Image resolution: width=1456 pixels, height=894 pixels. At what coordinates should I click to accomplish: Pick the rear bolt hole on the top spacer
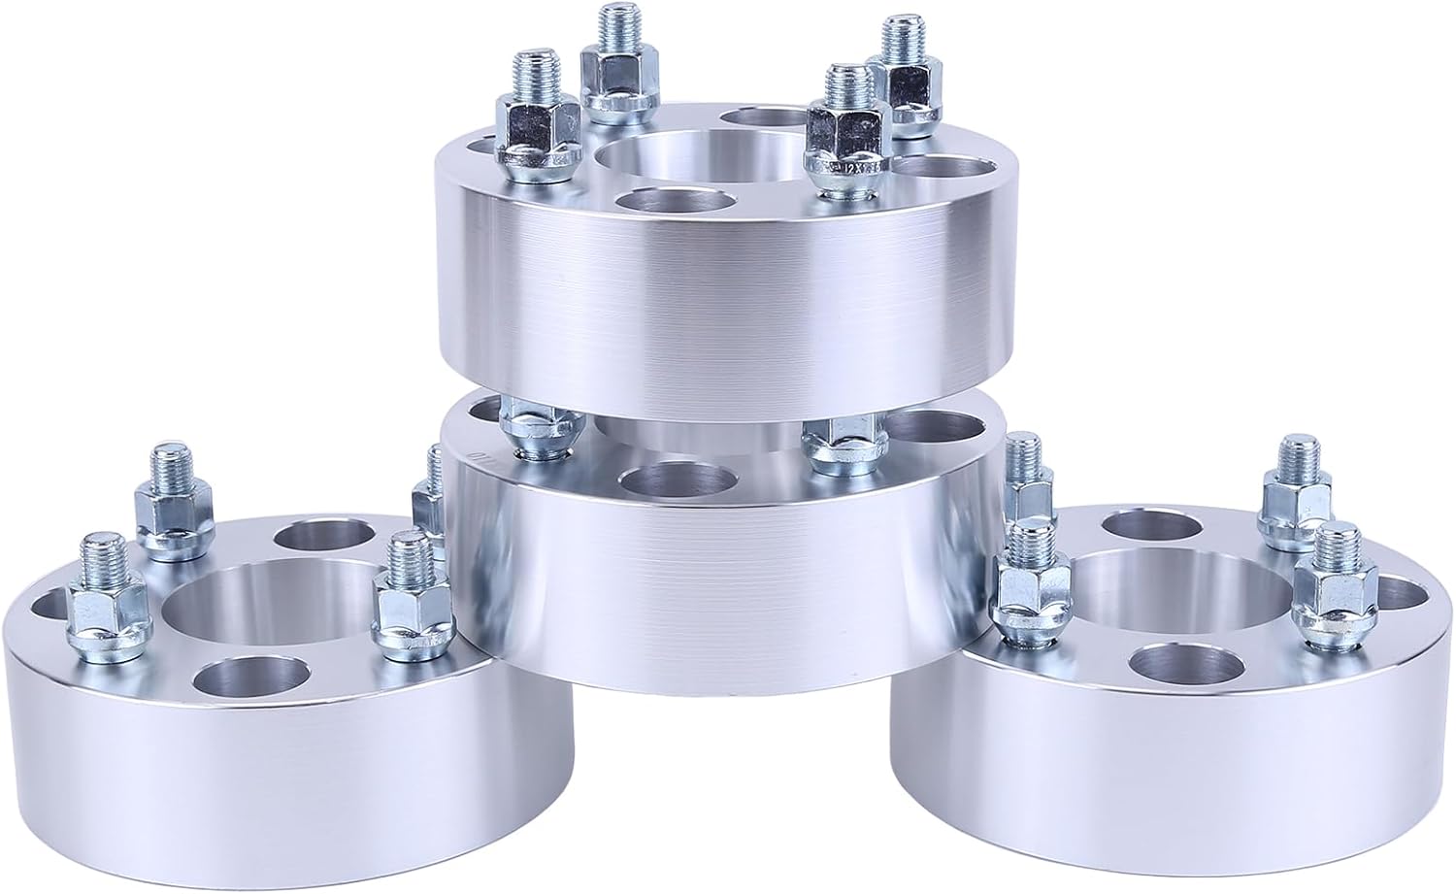tap(760, 119)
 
